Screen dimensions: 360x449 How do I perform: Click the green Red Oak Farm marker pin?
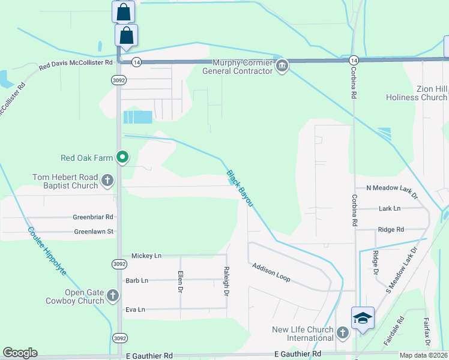tap(122, 158)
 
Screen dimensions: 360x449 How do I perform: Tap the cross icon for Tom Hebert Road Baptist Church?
tap(107, 180)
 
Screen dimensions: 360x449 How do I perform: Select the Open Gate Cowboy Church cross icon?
tap(112, 295)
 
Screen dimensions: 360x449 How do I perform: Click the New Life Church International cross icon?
tap(342, 332)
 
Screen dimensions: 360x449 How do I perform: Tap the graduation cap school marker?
tap(363, 318)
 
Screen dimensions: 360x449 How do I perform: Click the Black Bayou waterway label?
tap(240, 188)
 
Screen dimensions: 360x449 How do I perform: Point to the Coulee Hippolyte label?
tap(47, 251)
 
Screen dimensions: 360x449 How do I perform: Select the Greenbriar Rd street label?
tap(93, 217)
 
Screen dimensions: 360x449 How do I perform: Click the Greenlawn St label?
tap(94, 232)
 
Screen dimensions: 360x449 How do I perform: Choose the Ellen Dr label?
tap(180, 282)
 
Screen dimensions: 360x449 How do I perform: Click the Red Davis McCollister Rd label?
tap(76, 63)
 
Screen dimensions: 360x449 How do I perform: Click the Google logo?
tap(20, 353)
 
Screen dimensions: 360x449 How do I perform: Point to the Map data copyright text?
tap(423, 355)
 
